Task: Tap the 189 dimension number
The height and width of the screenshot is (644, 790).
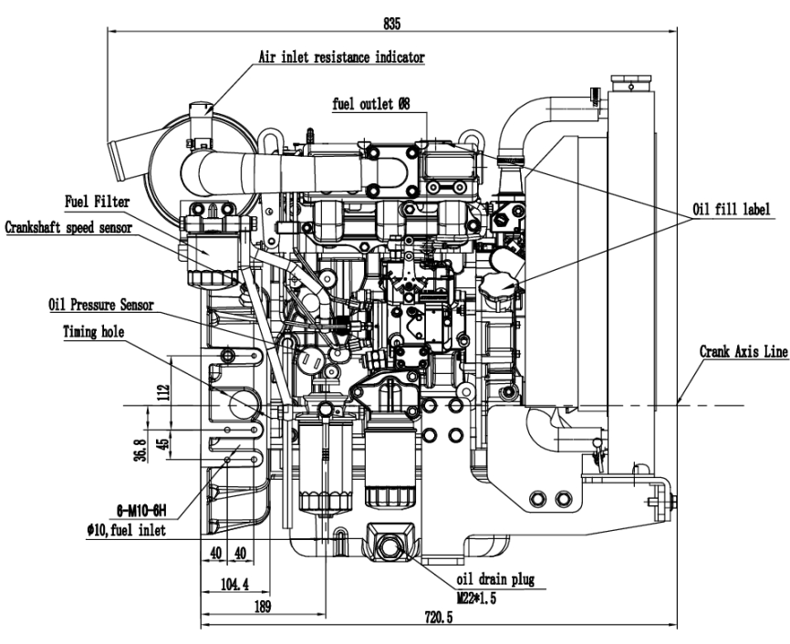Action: coord(261,604)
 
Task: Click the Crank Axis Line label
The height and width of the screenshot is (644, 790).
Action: coord(744,349)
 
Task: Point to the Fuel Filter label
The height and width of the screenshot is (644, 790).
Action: coord(98,200)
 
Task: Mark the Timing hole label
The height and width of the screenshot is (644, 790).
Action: coord(95,333)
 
